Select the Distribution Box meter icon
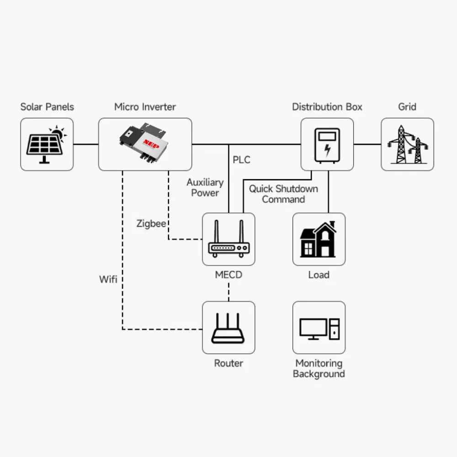(327, 144)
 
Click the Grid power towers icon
(407, 144)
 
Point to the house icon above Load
(319, 239)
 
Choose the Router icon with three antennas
(228, 328)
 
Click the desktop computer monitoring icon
(319, 328)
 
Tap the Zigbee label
(151, 224)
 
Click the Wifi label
(108, 279)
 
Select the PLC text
(241, 160)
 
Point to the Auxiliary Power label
(205, 187)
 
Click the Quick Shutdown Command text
(283, 194)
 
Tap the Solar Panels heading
(47, 107)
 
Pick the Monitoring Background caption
(319, 368)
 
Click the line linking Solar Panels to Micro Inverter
(86, 144)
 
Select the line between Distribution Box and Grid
(367, 144)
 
